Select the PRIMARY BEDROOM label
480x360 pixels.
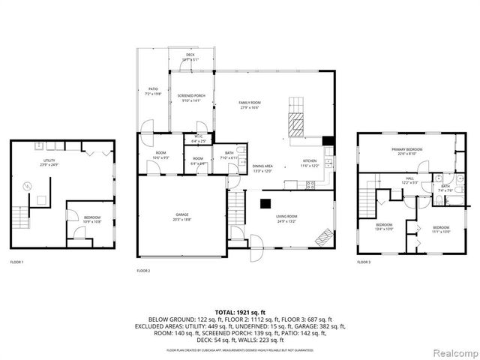coord(407,150)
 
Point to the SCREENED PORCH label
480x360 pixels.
coord(191,97)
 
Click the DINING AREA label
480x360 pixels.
coord(262,166)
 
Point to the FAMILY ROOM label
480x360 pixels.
coord(249,103)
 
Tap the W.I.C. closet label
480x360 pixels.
coord(199,137)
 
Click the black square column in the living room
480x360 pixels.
coord(264,202)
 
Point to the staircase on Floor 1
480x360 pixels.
coord(20,217)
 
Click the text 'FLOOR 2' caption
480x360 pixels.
coord(143,270)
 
